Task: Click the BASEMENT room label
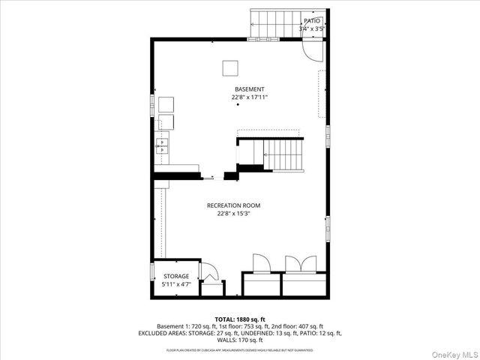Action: [238, 89]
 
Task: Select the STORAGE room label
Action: [176, 277]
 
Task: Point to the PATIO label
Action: [311, 21]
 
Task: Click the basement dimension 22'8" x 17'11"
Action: [238, 97]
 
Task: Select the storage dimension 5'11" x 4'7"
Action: [176, 285]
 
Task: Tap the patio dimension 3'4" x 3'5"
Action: [311, 28]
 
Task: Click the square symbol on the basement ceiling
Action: [229, 68]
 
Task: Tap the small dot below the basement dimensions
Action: [238, 105]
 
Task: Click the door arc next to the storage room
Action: [210, 270]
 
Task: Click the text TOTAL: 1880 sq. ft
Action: [240, 319]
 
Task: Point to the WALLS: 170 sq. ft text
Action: [240, 340]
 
